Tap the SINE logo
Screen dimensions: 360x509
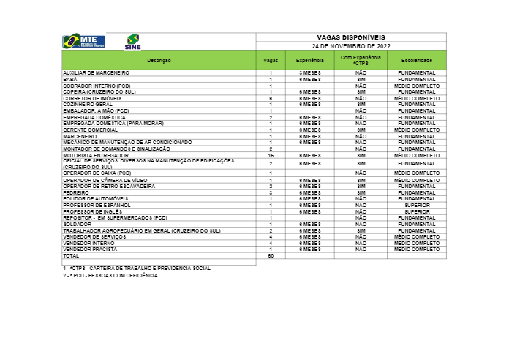pos(132,41)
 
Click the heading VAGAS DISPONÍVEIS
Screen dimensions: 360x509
pos(350,36)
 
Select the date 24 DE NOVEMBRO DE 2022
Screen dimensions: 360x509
pos(350,45)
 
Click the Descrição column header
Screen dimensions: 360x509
pos(159,59)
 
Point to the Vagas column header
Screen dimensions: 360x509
pos(270,59)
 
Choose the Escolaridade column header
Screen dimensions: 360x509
pos(416,59)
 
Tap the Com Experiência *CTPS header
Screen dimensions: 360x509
pos(361,59)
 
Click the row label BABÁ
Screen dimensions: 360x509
pos(71,79)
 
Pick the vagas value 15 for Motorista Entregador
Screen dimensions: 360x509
pos(270,155)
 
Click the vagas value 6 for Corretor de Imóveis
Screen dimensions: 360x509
pos(270,97)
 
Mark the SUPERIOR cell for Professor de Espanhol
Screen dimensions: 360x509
pos(416,206)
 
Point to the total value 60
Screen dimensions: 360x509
pos(270,256)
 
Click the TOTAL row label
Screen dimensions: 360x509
pos(71,256)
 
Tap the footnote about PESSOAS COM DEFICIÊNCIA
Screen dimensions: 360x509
pos(110,275)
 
